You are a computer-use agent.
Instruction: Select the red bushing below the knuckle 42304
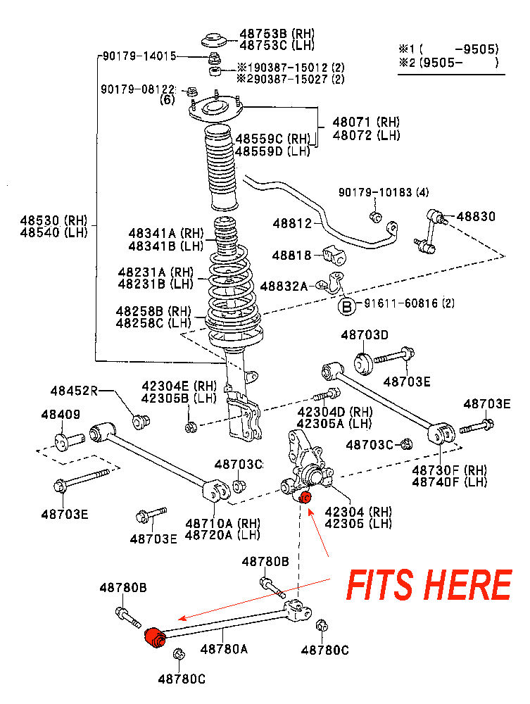(x=305, y=498)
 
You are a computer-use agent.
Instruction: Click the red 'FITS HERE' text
(x=428, y=584)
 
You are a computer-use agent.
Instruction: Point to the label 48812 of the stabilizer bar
(x=292, y=224)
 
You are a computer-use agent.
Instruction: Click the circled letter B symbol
(x=347, y=306)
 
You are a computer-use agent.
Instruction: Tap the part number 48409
(x=61, y=415)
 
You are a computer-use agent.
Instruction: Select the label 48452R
(x=73, y=391)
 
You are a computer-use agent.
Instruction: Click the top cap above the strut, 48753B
(x=215, y=39)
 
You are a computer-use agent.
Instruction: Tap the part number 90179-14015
(x=138, y=56)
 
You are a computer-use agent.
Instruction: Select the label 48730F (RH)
(x=449, y=470)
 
